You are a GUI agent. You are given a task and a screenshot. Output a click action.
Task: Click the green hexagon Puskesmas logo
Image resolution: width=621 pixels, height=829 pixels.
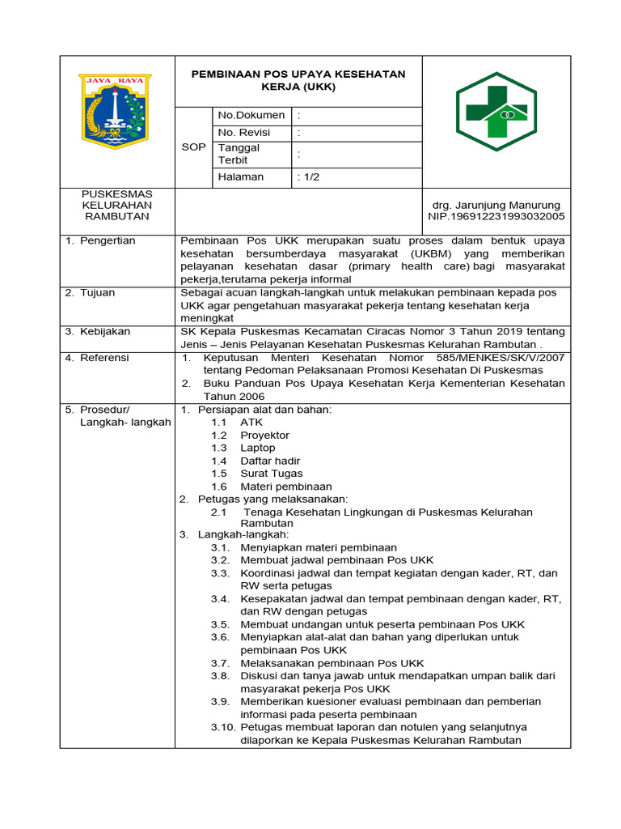(x=496, y=112)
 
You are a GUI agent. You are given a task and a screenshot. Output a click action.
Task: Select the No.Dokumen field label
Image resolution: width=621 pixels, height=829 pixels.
(x=251, y=116)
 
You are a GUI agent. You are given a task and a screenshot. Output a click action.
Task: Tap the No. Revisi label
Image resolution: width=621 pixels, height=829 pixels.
(x=244, y=133)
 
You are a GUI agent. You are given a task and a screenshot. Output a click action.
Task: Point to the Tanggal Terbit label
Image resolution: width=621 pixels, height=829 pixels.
(x=239, y=154)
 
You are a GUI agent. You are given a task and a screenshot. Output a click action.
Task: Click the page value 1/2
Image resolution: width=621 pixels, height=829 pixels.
(x=309, y=177)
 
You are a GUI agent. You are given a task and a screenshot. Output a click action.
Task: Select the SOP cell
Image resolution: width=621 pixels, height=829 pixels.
(x=193, y=147)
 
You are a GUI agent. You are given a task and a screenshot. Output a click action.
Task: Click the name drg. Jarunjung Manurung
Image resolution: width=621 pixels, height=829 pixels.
(x=496, y=205)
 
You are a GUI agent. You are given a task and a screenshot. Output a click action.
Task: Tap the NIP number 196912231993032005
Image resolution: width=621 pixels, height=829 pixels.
(x=496, y=217)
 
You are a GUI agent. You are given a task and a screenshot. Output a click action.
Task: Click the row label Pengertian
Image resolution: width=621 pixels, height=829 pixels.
(x=108, y=241)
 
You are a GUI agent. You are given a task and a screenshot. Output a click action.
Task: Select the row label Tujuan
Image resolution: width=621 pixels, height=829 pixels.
(x=97, y=293)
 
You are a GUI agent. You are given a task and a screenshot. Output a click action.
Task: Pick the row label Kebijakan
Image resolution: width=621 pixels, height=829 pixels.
(x=104, y=332)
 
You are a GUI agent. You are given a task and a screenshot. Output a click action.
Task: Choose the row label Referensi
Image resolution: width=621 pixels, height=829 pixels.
(x=104, y=358)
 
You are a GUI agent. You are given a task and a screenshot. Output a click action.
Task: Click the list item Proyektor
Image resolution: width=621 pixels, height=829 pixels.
(x=264, y=435)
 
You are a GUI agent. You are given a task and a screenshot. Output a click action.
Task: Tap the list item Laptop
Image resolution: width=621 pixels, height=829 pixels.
(x=257, y=448)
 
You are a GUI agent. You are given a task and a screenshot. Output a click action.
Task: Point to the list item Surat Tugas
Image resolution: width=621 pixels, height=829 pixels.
(x=271, y=474)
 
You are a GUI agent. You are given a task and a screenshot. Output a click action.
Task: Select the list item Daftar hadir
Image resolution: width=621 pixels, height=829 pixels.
(x=270, y=461)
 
